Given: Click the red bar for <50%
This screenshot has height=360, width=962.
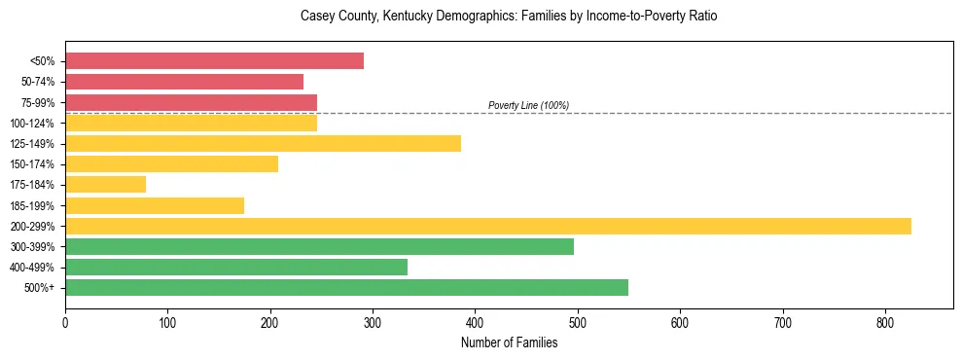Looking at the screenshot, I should (214, 61).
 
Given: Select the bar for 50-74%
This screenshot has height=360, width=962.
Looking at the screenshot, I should (184, 82).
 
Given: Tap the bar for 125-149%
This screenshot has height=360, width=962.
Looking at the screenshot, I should (263, 144).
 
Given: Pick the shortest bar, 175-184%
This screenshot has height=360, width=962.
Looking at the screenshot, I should (105, 185).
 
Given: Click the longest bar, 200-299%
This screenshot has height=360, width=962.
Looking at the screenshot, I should (487, 227).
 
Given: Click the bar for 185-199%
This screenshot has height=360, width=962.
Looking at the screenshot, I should (155, 205).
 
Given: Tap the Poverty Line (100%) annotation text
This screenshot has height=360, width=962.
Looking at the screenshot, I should (528, 105).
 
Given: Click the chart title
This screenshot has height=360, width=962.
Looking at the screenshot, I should (509, 17).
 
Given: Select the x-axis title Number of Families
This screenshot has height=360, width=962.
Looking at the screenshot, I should (509, 342).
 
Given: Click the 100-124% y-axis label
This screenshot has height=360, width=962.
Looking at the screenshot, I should (33, 124).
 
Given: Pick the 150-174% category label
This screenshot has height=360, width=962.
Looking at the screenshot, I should (33, 164).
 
